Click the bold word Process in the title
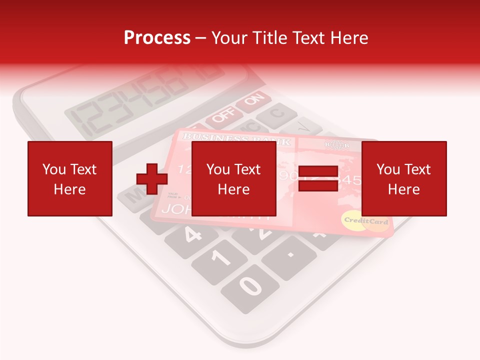coord(157,37)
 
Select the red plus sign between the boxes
coord(152,179)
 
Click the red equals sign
coord(318,178)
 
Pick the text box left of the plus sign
coord(69,178)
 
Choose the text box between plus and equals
coord(233,178)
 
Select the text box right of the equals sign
coord(403,178)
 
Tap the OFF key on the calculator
coord(220,118)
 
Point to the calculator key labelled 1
coord(220,258)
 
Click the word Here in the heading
coord(350,37)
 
